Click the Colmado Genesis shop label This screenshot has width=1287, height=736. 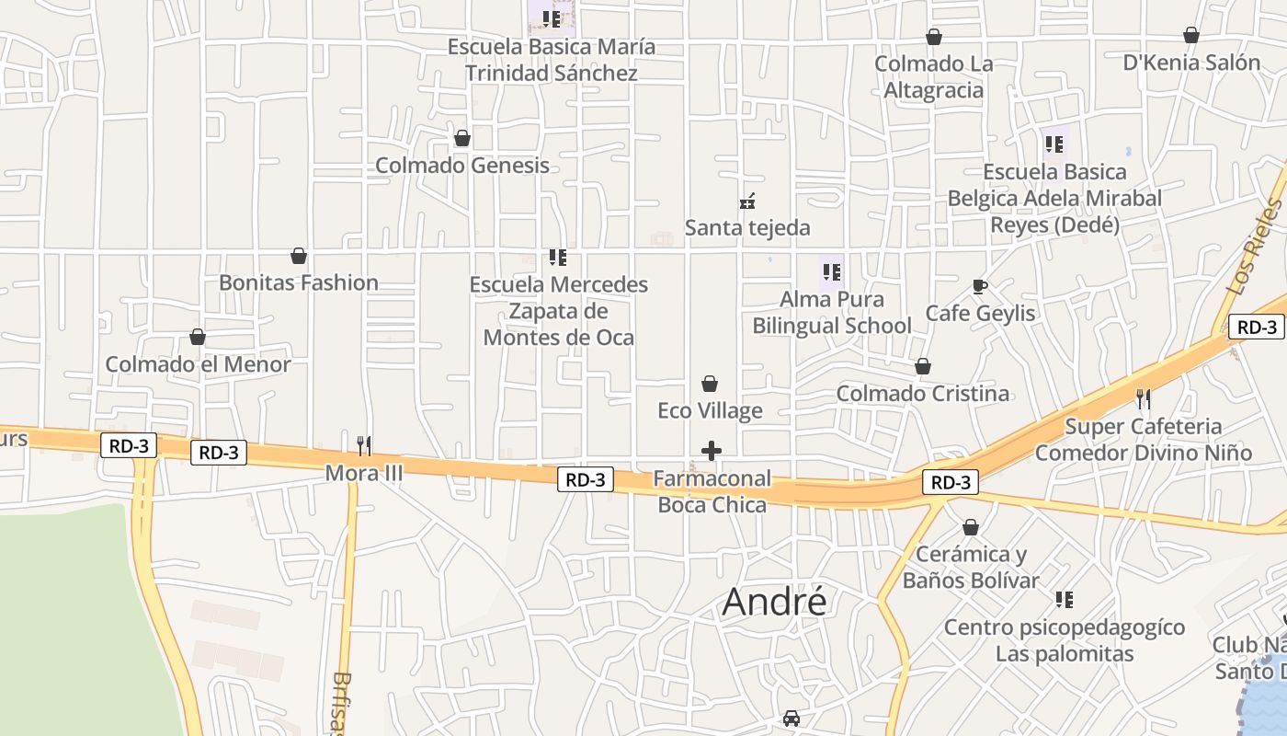coord(462,166)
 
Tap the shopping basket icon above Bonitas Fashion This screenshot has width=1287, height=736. coord(299,256)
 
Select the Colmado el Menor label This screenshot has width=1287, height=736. coord(198,364)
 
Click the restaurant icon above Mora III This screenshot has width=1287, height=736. coord(364,446)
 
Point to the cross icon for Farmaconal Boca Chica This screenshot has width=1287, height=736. coord(712,451)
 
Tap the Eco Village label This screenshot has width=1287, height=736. coord(710,410)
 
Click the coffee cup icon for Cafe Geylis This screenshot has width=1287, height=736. coord(980,286)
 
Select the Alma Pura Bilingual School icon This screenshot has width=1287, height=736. coord(832,272)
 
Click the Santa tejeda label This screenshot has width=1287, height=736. coord(747,227)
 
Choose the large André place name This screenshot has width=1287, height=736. coord(774,602)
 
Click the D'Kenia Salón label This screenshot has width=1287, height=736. coord(1191,63)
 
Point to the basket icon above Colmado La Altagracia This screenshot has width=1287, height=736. coord(934,37)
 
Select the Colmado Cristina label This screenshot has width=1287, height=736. coord(922,394)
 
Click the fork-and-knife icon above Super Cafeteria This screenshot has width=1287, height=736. coord(1143,399)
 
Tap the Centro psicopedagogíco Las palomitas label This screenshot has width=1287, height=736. coord(1065,640)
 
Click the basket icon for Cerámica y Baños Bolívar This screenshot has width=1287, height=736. coord(971,528)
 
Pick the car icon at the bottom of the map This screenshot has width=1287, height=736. coord(791,718)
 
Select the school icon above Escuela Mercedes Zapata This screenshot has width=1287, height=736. coord(558,258)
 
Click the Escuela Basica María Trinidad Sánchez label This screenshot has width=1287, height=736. coord(552,60)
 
